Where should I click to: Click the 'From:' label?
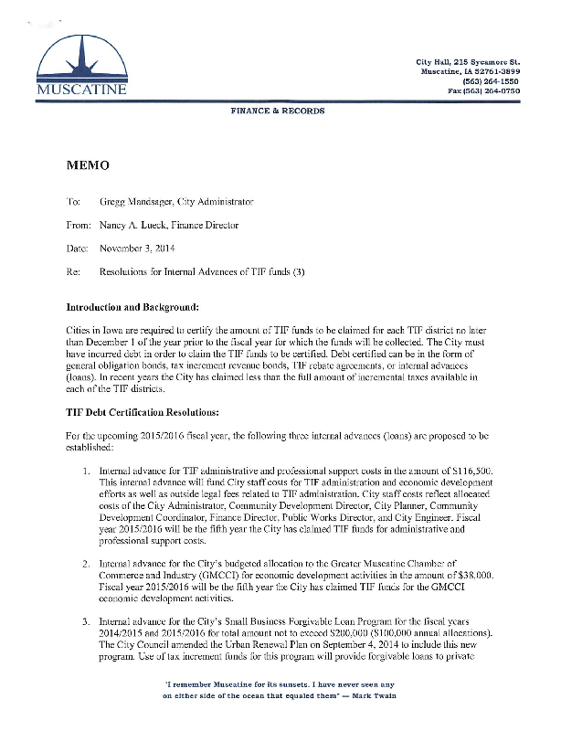(x=79, y=224)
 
